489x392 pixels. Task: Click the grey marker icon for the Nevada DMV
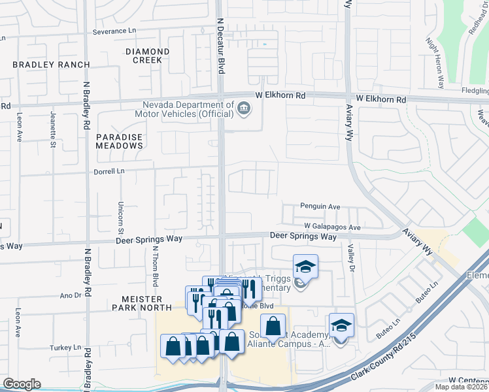click(244, 108)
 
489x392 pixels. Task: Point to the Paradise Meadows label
click(119, 141)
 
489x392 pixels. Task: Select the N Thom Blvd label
click(156, 267)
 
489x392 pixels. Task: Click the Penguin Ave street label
click(320, 206)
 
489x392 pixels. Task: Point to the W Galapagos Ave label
click(332, 227)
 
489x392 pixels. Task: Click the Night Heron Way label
click(435, 62)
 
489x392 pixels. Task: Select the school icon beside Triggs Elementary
click(305, 266)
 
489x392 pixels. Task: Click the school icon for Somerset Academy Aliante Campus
click(341, 325)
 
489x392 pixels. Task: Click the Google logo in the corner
click(22, 384)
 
